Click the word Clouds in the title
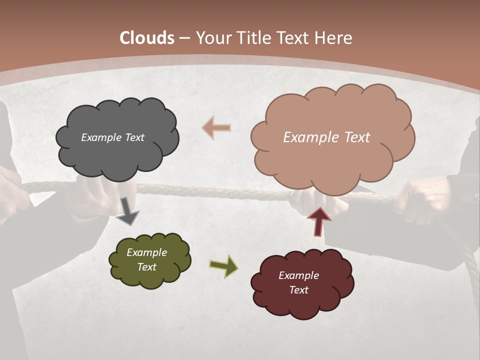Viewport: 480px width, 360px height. [147, 38]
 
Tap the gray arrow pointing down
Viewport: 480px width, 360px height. [127, 211]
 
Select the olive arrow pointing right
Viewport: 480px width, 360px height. [223, 266]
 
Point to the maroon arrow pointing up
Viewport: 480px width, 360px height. [318, 221]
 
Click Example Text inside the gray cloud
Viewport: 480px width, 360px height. [112, 137]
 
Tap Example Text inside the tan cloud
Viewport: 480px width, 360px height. [326, 137]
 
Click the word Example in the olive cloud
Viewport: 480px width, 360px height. [146, 252]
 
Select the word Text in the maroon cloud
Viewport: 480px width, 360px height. [298, 290]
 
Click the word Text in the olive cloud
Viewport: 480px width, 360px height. [146, 267]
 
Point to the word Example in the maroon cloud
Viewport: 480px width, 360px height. [298, 275]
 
